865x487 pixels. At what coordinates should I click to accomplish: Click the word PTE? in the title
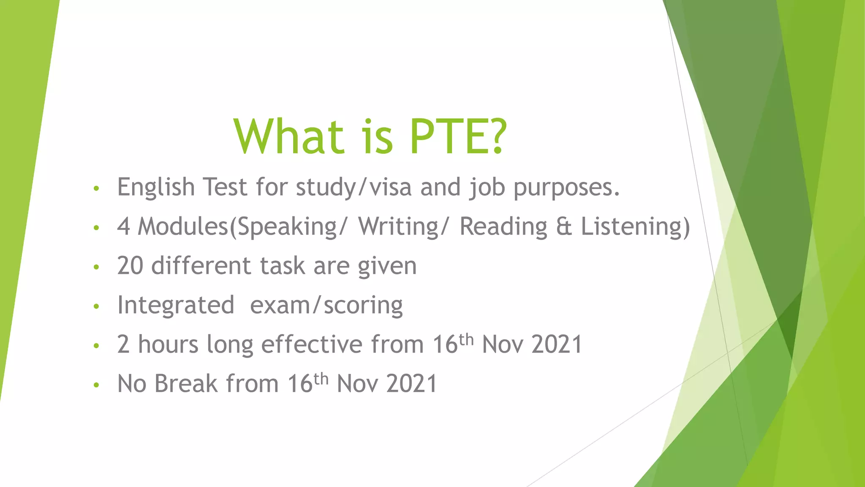click(x=458, y=137)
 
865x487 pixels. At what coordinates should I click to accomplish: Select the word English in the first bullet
click(x=156, y=187)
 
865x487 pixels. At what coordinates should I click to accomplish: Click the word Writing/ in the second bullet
click(x=402, y=227)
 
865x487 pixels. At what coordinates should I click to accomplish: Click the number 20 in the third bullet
click(x=130, y=266)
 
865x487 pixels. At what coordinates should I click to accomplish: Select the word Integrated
click(x=176, y=305)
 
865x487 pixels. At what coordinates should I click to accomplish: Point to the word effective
click(x=312, y=344)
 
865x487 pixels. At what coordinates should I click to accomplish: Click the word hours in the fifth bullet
click(x=168, y=344)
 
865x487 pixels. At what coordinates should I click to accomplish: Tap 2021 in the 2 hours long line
click(x=557, y=344)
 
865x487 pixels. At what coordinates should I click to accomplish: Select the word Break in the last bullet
click(x=186, y=383)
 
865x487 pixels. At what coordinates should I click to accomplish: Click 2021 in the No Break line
click(x=412, y=383)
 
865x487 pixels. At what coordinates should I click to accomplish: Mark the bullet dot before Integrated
click(x=96, y=306)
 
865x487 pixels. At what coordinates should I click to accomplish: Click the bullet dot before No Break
click(x=96, y=385)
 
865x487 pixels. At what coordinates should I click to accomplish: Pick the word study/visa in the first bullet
click(x=354, y=187)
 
